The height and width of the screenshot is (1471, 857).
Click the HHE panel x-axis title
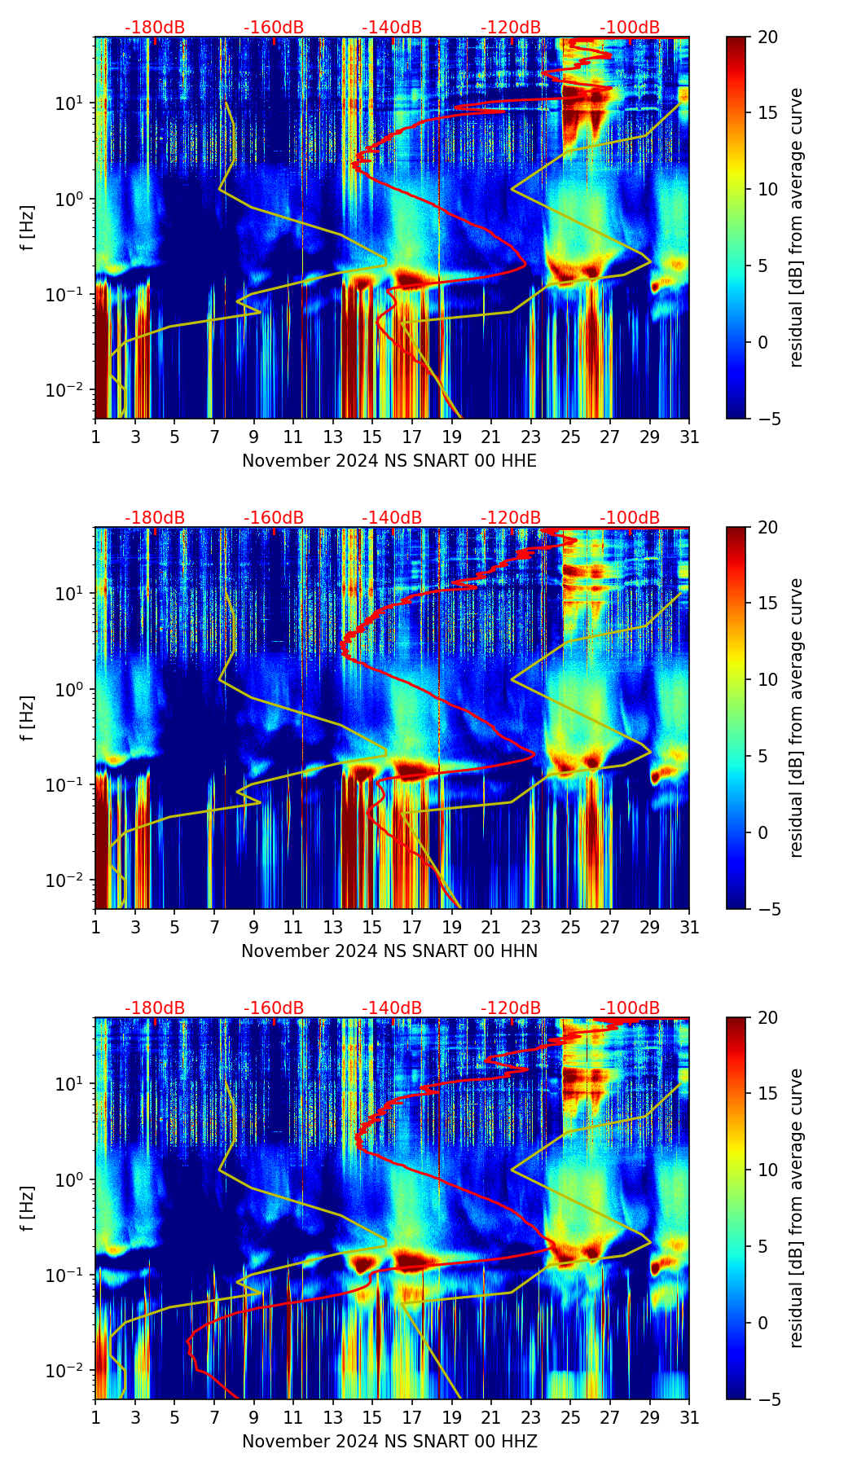[389, 461]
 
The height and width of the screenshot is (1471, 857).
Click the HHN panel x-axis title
[389, 951]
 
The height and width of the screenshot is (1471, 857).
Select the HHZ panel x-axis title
[389, 1442]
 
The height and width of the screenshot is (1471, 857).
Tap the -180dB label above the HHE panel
[155, 28]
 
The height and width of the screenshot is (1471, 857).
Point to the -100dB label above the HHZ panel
[630, 1008]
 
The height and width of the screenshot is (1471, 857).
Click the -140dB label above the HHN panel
[392, 518]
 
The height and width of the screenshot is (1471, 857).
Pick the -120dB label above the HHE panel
[511, 28]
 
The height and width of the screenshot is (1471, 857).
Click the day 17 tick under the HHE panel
[412, 437]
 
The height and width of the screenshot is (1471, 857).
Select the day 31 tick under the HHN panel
[689, 927]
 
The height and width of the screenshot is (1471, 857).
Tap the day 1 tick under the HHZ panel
[95, 1417]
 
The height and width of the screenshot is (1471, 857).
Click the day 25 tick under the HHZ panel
[570, 1417]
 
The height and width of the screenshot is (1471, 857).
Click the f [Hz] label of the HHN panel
[28, 718]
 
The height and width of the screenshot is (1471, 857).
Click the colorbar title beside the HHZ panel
[797, 1208]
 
